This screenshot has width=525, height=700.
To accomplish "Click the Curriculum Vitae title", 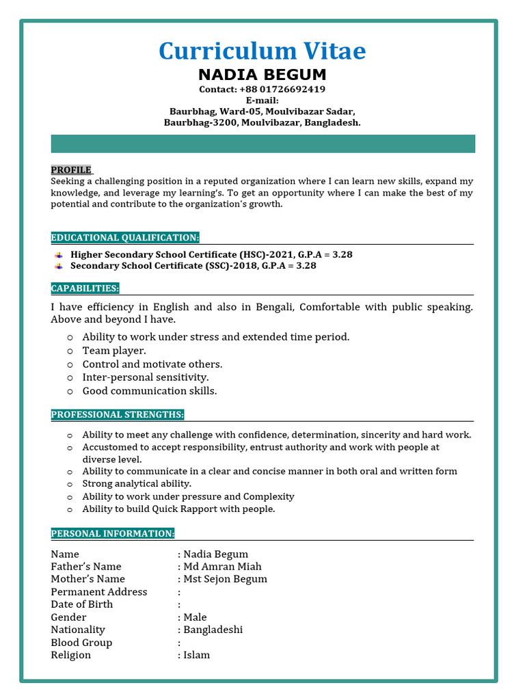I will [262, 51].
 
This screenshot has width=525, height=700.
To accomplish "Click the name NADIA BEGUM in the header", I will [262, 75].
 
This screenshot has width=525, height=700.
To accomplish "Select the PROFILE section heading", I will [71, 170].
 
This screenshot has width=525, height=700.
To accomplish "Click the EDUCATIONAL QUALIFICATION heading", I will [125, 238].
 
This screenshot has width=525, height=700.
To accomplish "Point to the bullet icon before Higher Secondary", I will [59, 255].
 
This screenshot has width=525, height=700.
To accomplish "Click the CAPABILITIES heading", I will [85, 288].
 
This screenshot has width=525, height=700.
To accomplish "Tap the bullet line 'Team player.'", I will [114, 351].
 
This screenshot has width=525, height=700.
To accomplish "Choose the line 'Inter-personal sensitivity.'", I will [146, 377].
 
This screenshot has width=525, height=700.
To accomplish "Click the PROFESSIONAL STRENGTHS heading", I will [118, 415].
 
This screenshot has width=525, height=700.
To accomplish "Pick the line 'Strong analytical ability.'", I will [137, 484].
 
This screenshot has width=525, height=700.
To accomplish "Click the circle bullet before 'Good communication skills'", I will [70, 392].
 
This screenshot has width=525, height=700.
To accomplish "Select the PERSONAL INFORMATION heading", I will [113, 534].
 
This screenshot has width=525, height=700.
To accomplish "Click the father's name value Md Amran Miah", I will [222, 567].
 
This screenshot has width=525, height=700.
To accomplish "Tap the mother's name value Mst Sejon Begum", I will [225, 579].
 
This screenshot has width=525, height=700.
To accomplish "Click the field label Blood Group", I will [81, 643].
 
